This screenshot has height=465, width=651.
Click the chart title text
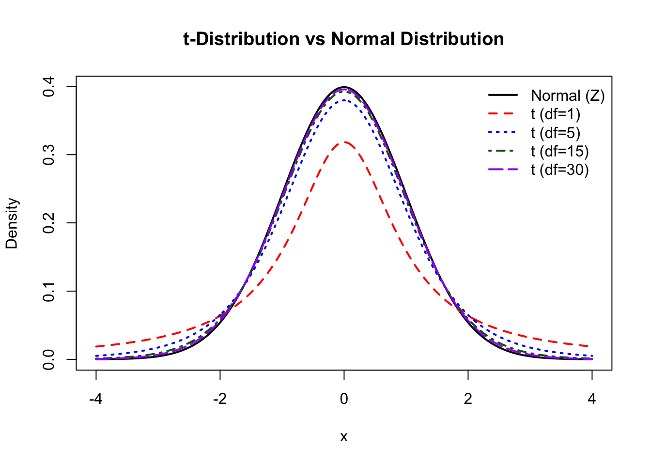(x=343, y=39)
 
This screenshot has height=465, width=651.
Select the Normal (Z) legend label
(x=568, y=95)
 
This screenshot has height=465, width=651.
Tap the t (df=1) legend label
(x=555, y=114)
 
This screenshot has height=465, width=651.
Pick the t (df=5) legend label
(x=555, y=133)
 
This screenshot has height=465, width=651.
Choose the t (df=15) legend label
(x=559, y=152)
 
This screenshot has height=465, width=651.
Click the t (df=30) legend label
(x=559, y=170)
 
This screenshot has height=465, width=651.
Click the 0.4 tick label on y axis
(x=48, y=87)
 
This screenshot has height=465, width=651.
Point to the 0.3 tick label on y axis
(x=48, y=155)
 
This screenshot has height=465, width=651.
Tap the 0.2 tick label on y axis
(x=48, y=223)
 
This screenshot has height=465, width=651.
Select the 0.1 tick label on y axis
(x=48, y=291)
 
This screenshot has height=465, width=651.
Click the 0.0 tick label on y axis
(x=48, y=359)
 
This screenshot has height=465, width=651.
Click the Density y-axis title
(x=12, y=223)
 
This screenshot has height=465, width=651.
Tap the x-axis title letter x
(x=344, y=437)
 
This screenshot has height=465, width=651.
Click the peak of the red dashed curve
(x=344, y=142)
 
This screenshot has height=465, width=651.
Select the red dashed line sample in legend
(x=503, y=114)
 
